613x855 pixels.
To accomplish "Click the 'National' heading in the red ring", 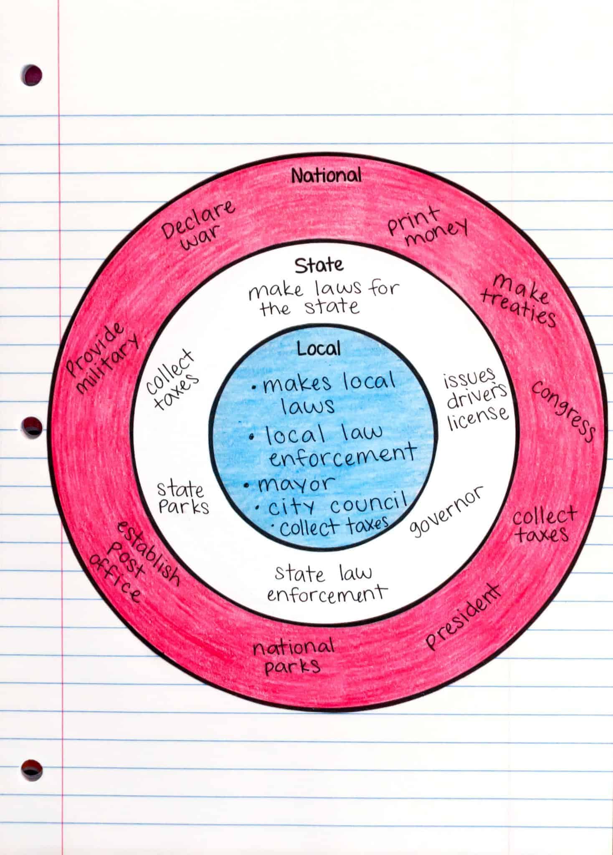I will (x=326, y=175).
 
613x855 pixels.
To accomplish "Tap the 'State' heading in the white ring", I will (x=319, y=266).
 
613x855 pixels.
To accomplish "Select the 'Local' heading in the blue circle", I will (x=319, y=348).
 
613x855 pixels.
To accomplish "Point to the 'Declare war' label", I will (x=198, y=225).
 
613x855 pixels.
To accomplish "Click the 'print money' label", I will (x=426, y=227).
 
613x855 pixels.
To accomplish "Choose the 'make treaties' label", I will (x=518, y=300).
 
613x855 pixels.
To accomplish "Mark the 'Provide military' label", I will (x=103, y=359).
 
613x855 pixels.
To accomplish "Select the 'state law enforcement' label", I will (x=326, y=584).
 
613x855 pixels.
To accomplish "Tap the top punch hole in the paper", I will (x=32, y=76).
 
